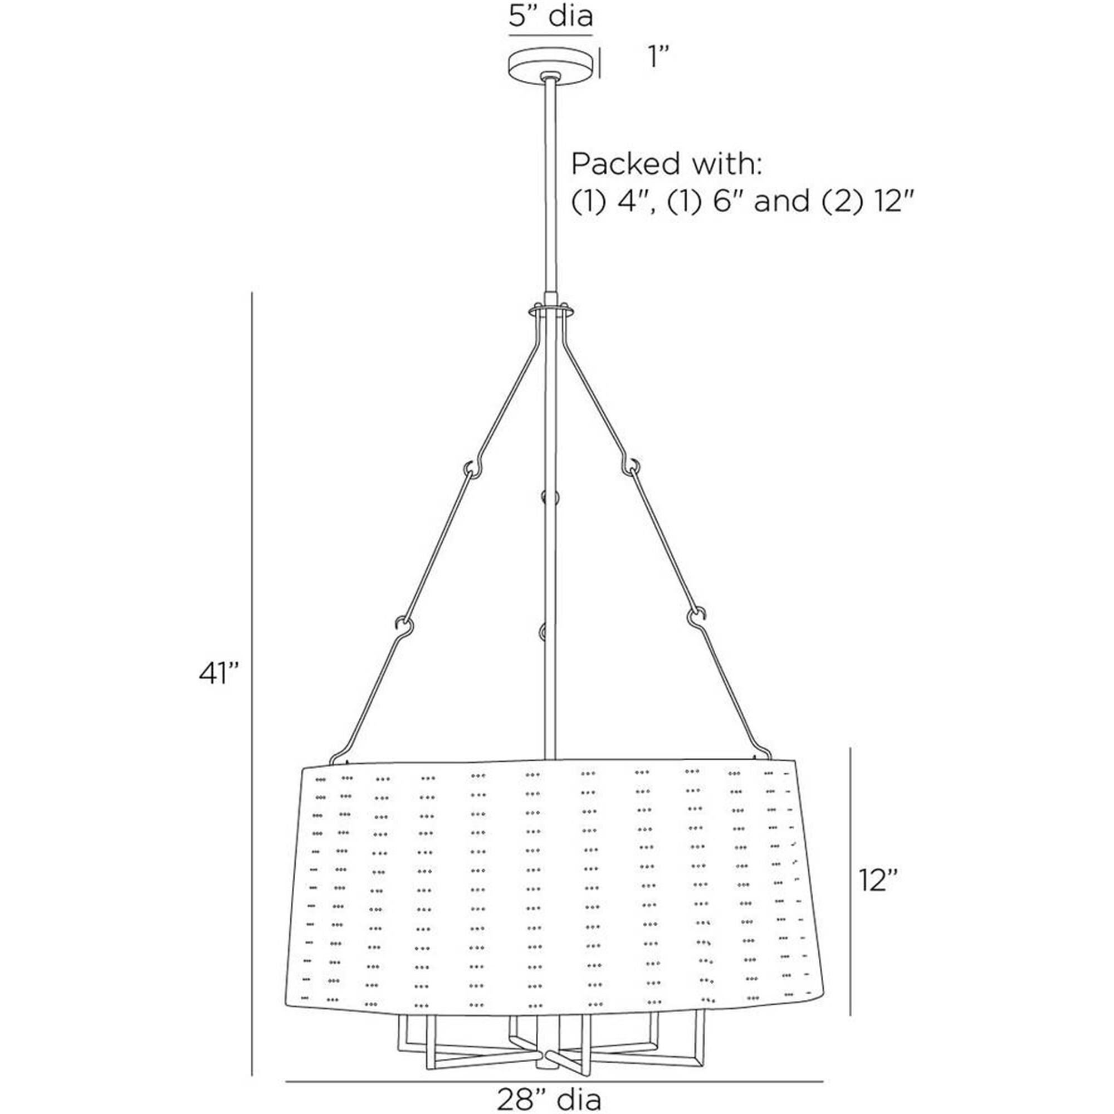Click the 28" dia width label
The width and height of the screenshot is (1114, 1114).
click(x=549, y=1098)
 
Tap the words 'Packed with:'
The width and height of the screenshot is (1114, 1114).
click(x=667, y=165)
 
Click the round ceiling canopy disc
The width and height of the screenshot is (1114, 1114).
click(x=551, y=67)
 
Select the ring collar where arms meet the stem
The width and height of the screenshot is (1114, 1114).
click(x=551, y=311)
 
